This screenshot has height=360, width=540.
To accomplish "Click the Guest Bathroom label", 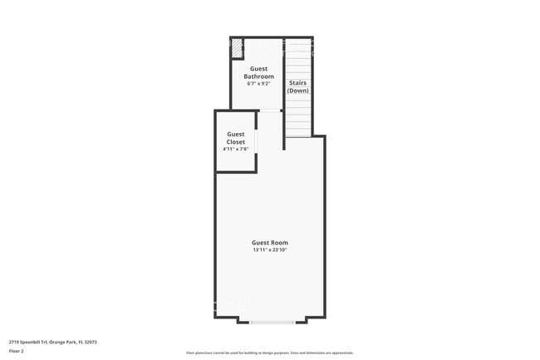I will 259,72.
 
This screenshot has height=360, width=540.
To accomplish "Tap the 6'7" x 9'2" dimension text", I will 259,83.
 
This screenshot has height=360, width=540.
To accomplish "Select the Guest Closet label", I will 236,138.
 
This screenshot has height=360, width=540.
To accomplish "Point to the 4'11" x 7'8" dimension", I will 236,149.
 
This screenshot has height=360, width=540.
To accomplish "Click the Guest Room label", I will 270,242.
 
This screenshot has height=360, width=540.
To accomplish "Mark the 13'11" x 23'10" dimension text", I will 270,249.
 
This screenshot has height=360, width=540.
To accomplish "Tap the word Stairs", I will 297,82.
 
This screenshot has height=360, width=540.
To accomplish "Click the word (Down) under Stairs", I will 297,90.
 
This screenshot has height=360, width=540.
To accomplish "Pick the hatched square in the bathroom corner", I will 237,48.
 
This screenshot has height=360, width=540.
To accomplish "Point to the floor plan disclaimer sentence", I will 269,353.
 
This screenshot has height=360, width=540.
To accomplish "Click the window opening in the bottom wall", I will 271,321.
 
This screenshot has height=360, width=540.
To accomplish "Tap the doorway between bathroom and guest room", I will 271,111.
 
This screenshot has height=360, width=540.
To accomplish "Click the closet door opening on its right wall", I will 257,142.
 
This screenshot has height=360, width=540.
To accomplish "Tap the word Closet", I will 236,142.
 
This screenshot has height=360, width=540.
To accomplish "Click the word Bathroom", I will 259,76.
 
